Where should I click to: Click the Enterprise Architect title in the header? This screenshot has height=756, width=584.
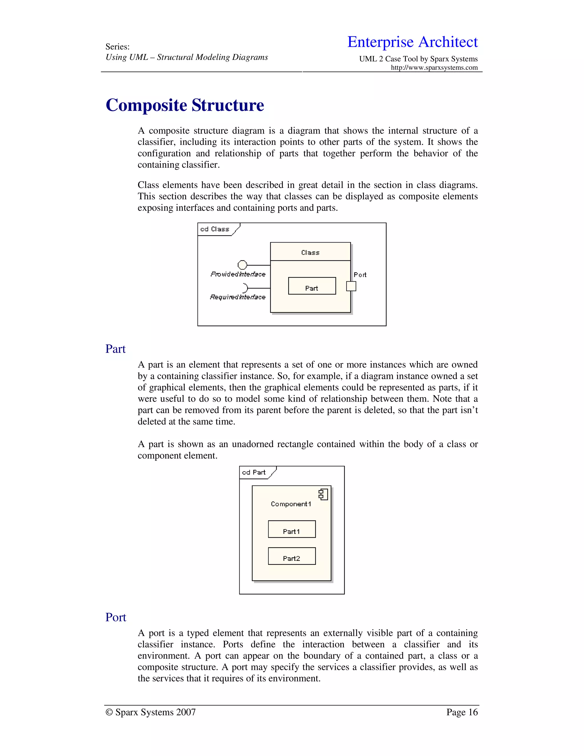point(412,42)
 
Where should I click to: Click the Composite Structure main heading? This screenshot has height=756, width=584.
point(185,105)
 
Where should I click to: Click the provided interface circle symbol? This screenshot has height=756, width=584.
point(242,265)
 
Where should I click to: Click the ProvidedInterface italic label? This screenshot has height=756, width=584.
point(238,274)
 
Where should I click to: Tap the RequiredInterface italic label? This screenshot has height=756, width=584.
point(238,297)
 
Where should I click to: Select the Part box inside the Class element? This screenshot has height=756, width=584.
point(312,286)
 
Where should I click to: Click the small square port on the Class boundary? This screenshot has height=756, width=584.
point(351,286)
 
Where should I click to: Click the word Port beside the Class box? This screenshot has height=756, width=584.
point(360,275)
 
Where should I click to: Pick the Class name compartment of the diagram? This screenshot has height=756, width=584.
point(310,252)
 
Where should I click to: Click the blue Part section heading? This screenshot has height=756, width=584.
point(115,349)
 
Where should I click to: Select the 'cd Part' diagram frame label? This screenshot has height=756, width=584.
point(254,472)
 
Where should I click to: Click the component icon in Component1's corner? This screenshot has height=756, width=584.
point(323,494)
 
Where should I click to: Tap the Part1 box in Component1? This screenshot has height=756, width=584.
point(292,529)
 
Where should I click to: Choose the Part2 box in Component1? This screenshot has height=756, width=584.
point(292,556)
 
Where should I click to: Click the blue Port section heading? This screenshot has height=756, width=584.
point(115,617)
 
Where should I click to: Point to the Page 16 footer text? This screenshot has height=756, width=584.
point(462,712)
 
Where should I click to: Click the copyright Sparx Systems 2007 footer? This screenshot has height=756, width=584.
point(151,712)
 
